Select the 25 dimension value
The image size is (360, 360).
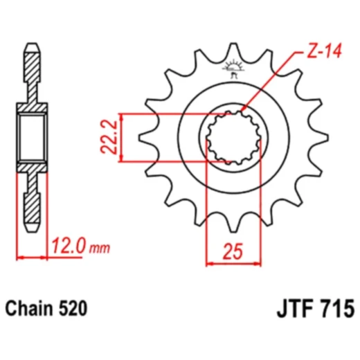pyautogui.click(x=234, y=251)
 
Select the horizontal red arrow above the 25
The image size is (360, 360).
pyautogui.click(x=234, y=263)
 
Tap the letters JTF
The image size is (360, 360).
pyautogui.click(x=288, y=307)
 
